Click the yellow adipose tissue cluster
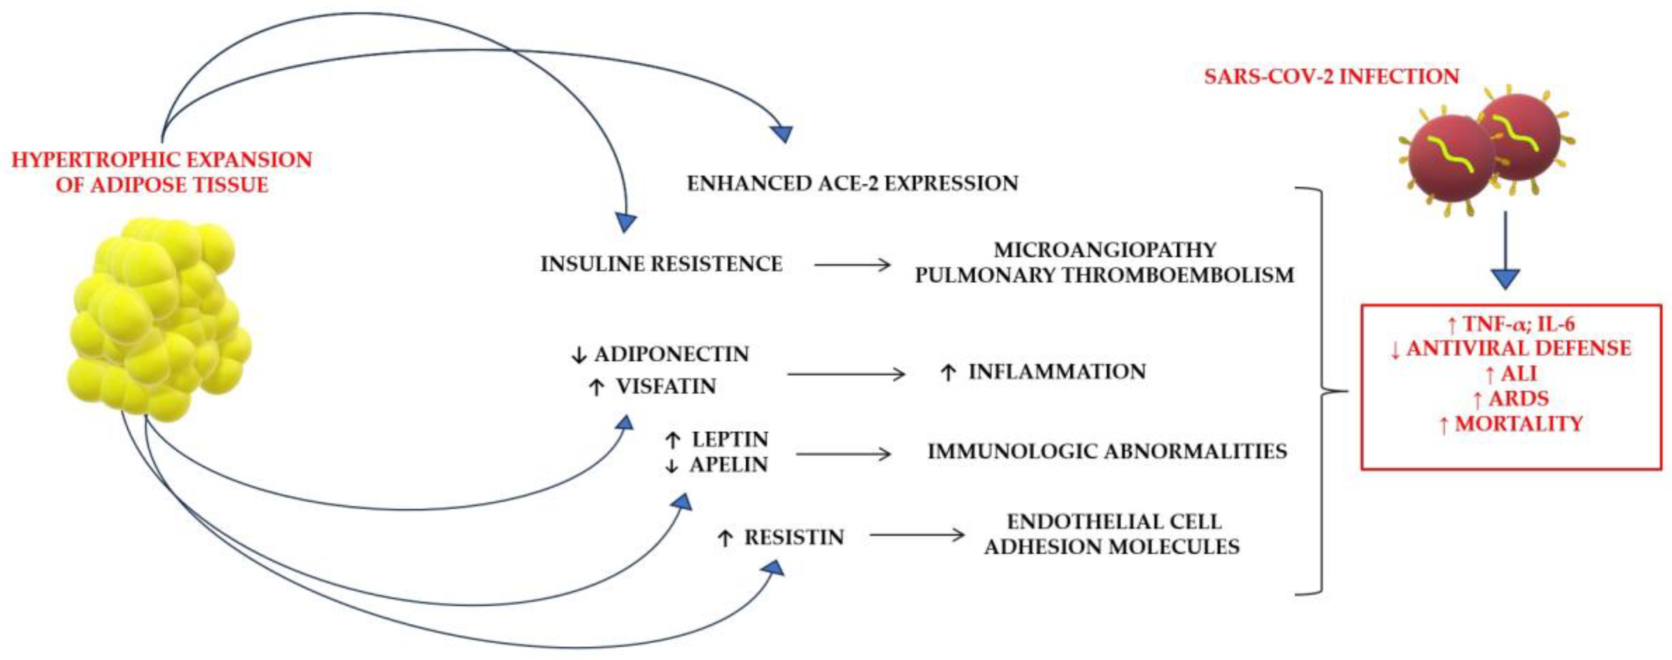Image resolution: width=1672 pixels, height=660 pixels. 159,318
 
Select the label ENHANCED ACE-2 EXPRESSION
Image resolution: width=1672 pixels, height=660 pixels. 852,184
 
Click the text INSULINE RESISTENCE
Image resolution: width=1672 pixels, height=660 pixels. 662,264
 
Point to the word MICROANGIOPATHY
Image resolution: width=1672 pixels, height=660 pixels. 1105,250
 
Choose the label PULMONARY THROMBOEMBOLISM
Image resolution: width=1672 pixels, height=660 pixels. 1105,275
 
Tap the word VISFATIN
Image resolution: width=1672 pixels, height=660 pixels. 666,387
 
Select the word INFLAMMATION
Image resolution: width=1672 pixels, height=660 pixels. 1057,372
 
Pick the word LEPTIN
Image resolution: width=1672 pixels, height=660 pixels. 729,440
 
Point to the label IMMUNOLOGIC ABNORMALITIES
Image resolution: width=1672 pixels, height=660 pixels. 1107,452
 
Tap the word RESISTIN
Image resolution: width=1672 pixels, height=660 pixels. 794,538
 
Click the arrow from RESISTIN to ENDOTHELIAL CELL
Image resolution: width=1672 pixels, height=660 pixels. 916,535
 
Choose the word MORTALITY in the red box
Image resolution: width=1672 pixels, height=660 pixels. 1519,424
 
